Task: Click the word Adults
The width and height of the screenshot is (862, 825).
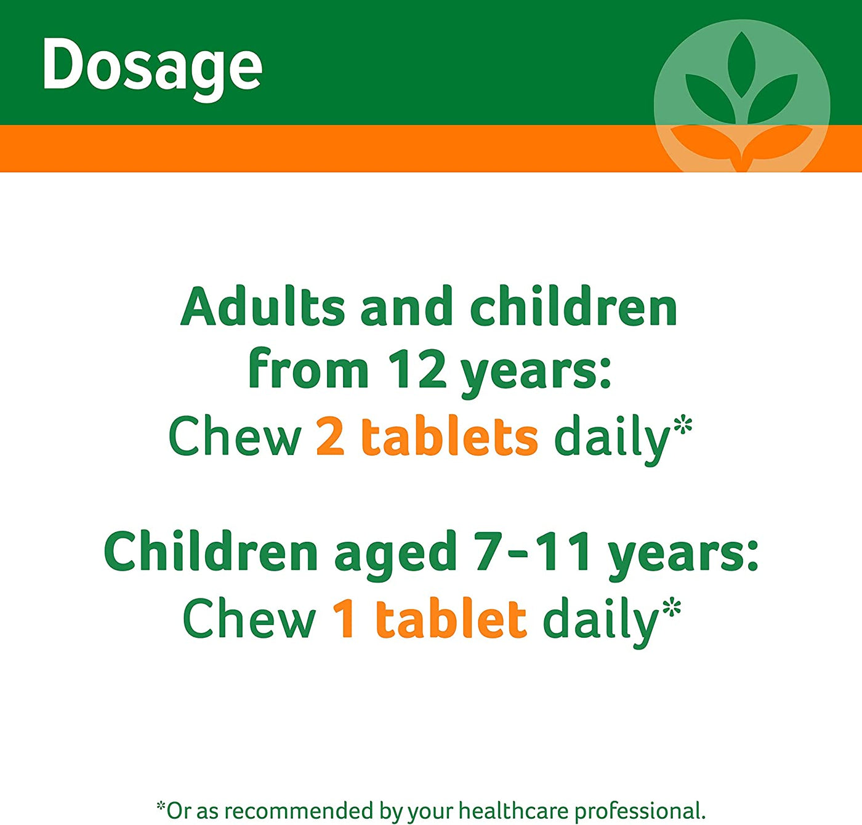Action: [262, 306]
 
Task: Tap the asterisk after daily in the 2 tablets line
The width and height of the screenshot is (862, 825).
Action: [684, 425]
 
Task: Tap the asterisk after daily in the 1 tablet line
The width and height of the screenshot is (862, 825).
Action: [672, 607]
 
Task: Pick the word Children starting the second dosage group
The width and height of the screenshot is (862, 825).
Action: [211, 551]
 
